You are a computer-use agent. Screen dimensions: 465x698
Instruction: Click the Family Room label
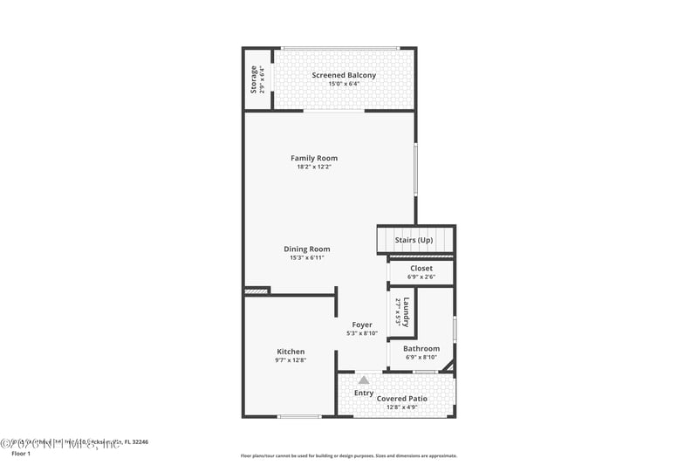(x=314, y=158)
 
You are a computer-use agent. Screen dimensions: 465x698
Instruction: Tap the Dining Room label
(x=306, y=249)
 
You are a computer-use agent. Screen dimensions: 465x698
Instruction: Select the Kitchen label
(x=291, y=352)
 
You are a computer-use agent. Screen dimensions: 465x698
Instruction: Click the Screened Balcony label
(x=344, y=75)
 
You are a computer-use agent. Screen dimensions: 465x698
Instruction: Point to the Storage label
(x=254, y=79)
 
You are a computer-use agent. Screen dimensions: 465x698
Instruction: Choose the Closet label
(x=421, y=268)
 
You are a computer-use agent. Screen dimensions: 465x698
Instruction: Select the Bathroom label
(x=421, y=349)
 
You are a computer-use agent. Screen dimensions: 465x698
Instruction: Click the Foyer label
(x=361, y=325)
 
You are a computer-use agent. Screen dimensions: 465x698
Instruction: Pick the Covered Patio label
(x=402, y=399)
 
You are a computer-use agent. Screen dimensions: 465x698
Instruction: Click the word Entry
(x=364, y=393)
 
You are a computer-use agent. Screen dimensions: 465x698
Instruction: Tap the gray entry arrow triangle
(x=364, y=380)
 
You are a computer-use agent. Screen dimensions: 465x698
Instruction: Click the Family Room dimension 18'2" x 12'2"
(x=314, y=167)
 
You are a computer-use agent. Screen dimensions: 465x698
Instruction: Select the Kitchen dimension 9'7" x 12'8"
(x=291, y=359)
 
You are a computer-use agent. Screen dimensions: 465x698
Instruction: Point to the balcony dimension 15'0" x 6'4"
(x=344, y=84)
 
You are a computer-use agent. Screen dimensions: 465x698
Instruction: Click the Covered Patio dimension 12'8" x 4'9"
(x=402, y=407)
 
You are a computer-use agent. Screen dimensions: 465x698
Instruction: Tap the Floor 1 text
(x=20, y=454)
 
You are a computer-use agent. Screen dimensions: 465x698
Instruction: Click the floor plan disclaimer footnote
(x=348, y=455)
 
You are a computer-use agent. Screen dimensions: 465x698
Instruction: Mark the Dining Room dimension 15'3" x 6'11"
(x=306, y=257)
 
